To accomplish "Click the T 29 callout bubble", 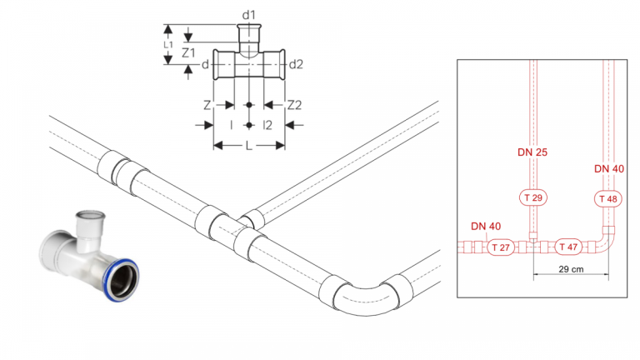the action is pyautogui.click(x=533, y=198).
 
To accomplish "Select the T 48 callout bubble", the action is pyautogui.click(x=608, y=199).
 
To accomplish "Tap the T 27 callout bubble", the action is pyautogui.click(x=501, y=247).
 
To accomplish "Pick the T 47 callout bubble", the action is pyautogui.click(x=568, y=247).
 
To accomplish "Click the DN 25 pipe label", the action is pyautogui.click(x=532, y=152).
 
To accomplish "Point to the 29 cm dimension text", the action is pyautogui.click(x=571, y=269).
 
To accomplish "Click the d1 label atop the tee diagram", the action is pyautogui.click(x=248, y=15).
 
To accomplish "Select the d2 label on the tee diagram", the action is pyautogui.click(x=296, y=64).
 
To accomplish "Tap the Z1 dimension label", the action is pyautogui.click(x=188, y=52).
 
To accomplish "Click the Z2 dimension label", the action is pyautogui.click(x=294, y=105).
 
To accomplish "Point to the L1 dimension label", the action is pyautogui.click(x=168, y=44).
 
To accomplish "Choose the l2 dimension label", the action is pyautogui.click(x=267, y=125).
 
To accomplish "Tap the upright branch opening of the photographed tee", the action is pyautogui.click(x=91, y=216).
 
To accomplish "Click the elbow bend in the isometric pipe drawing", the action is pyautogui.click(x=364, y=301).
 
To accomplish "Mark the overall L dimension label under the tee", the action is pyautogui.click(x=249, y=146).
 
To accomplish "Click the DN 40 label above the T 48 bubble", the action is pyautogui.click(x=609, y=168).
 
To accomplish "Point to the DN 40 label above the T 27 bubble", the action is pyautogui.click(x=486, y=226).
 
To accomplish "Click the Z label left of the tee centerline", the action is pyautogui.click(x=207, y=105).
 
